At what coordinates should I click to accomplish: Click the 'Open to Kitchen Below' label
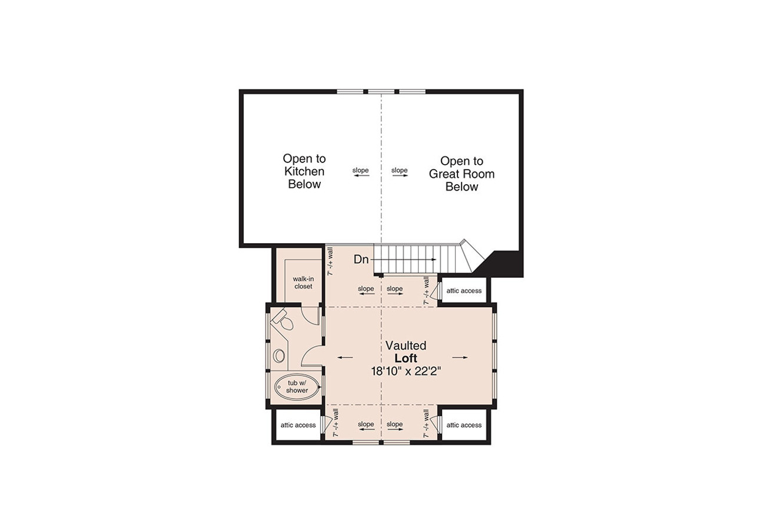(x=304, y=171)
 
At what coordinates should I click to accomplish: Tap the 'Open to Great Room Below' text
(x=461, y=174)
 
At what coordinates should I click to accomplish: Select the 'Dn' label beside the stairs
(x=361, y=259)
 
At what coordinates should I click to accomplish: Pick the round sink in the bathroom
(x=280, y=356)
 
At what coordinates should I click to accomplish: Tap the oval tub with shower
(x=297, y=387)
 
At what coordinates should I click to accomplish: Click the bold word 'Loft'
(x=406, y=358)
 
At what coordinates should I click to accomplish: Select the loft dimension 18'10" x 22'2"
(x=406, y=371)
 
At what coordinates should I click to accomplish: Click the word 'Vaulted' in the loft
(x=406, y=346)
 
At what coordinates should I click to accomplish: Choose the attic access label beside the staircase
(x=464, y=291)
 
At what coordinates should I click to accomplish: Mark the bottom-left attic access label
(x=298, y=425)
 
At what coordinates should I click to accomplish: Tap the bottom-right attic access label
(x=464, y=425)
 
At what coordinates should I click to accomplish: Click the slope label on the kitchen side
(x=361, y=171)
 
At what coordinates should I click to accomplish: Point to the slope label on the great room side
(x=400, y=171)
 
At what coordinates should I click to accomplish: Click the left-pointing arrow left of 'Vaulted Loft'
(x=346, y=357)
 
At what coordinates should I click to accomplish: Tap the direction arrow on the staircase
(x=419, y=259)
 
